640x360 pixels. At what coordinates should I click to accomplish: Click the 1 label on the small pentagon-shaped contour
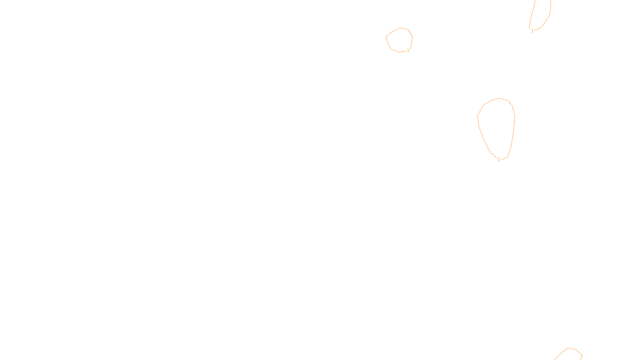coord(408,50)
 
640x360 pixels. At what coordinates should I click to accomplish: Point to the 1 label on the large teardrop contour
coord(499,160)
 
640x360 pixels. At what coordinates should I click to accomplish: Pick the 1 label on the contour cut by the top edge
coord(532,31)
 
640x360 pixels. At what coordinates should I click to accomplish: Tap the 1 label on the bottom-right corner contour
coord(582,356)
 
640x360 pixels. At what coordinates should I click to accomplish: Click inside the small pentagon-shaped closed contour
coord(399,40)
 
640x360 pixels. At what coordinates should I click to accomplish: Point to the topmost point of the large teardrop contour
coord(500,98)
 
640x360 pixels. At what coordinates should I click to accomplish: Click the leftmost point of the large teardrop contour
coord(478,116)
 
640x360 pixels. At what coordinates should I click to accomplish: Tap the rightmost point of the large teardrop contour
coord(515,117)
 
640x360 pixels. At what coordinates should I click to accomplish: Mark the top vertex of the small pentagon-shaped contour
coord(401,28)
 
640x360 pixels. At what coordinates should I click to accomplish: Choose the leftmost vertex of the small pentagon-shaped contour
coord(386,37)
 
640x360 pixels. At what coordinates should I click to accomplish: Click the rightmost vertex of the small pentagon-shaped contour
coord(412,38)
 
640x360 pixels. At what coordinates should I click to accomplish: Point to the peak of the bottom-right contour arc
coord(569,348)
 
